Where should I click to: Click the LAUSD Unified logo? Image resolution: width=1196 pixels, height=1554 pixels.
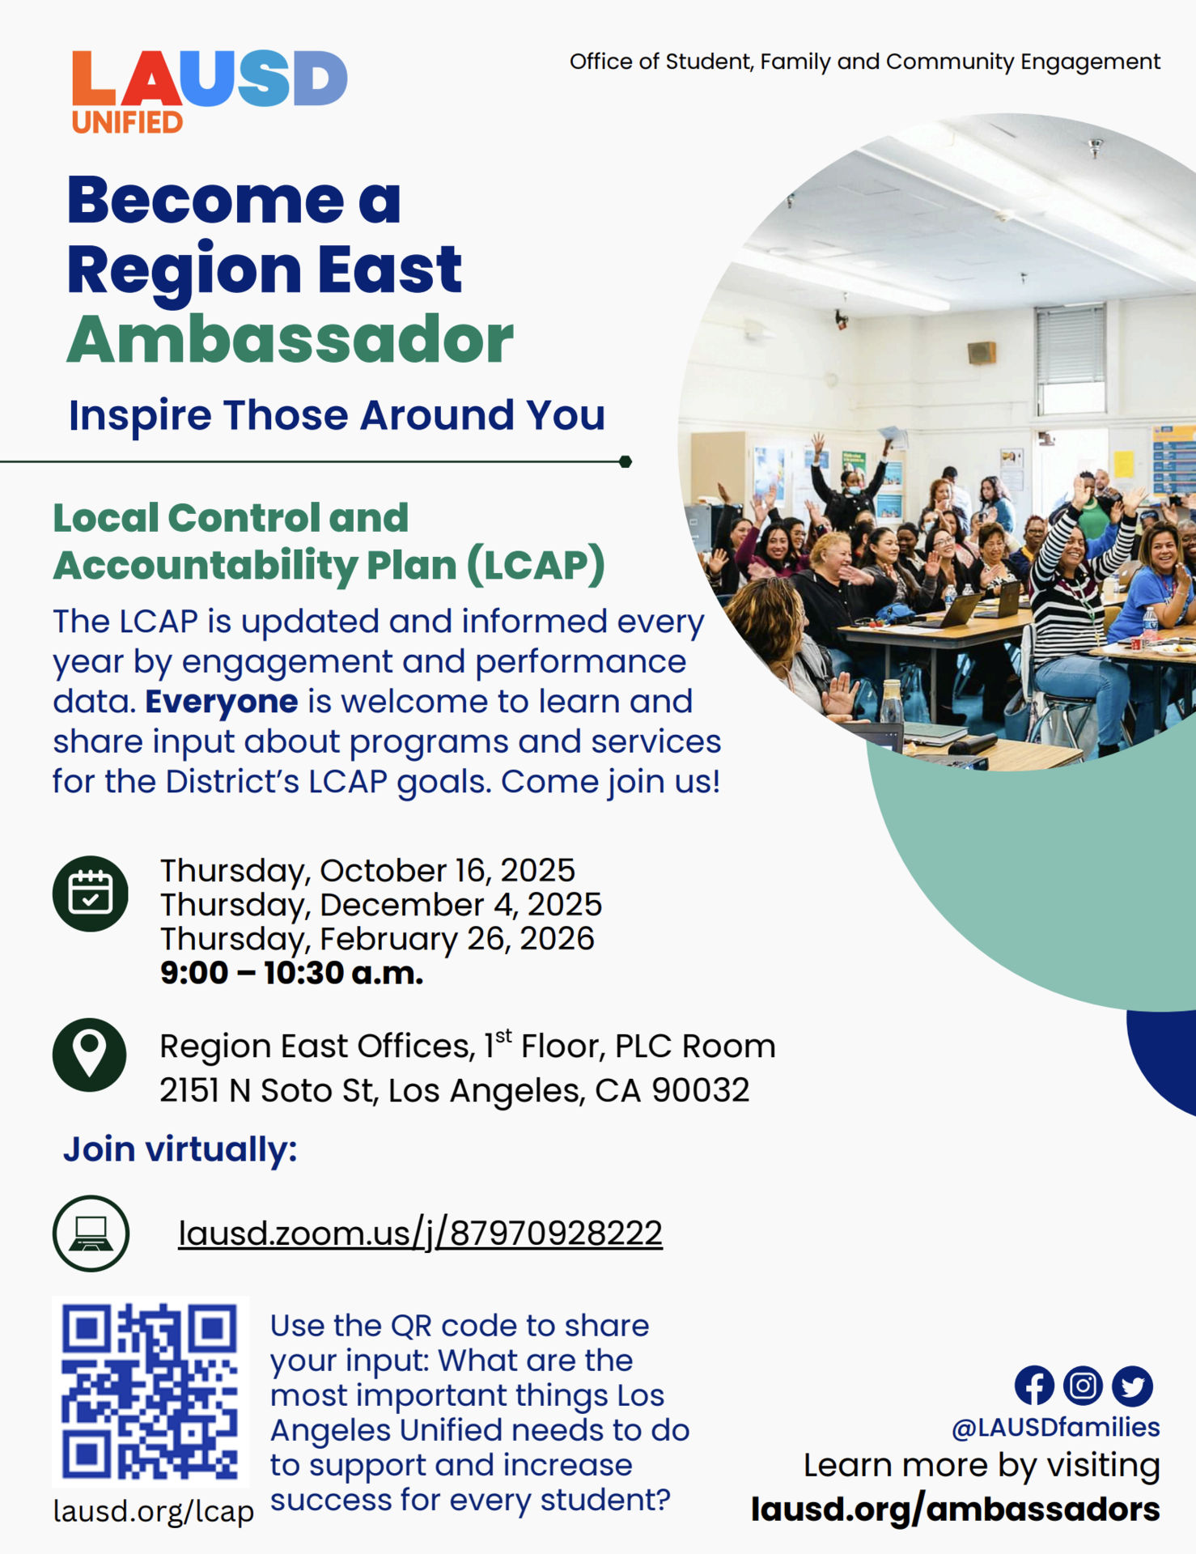(209, 91)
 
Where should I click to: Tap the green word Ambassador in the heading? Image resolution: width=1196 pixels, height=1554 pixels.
(290, 339)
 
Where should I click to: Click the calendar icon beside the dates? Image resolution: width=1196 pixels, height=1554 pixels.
(91, 893)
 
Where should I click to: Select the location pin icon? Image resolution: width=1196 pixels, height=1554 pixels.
(90, 1055)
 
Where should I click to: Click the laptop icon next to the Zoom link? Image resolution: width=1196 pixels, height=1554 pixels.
(91, 1233)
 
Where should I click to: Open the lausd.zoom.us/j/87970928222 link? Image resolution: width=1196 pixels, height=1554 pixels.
(420, 1233)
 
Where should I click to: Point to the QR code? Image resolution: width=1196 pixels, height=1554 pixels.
(151, 1391)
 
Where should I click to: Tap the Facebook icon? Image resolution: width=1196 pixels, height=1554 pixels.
(1034, 1386)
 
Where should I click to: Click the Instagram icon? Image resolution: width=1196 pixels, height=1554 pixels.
(1083, 1386)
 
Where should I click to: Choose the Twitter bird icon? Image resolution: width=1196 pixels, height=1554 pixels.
(1132, 1386)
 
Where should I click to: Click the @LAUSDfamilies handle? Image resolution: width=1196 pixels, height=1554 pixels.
(1055, 1427)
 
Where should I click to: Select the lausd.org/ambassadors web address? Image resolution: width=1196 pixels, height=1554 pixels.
(955, 1509)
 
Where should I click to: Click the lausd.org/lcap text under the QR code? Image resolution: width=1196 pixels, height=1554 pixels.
(154, 1511)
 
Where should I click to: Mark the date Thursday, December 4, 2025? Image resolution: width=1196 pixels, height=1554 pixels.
(380, 905)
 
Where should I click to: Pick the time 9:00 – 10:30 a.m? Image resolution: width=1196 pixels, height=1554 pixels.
(291, 973)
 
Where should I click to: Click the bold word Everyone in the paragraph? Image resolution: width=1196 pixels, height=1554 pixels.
(221, 702)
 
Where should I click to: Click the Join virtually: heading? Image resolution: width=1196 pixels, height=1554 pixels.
(180, 1149)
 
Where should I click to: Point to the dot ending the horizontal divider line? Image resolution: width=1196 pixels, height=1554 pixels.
(626, 461)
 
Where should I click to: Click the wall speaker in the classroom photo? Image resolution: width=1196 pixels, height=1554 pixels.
(982, 352)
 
